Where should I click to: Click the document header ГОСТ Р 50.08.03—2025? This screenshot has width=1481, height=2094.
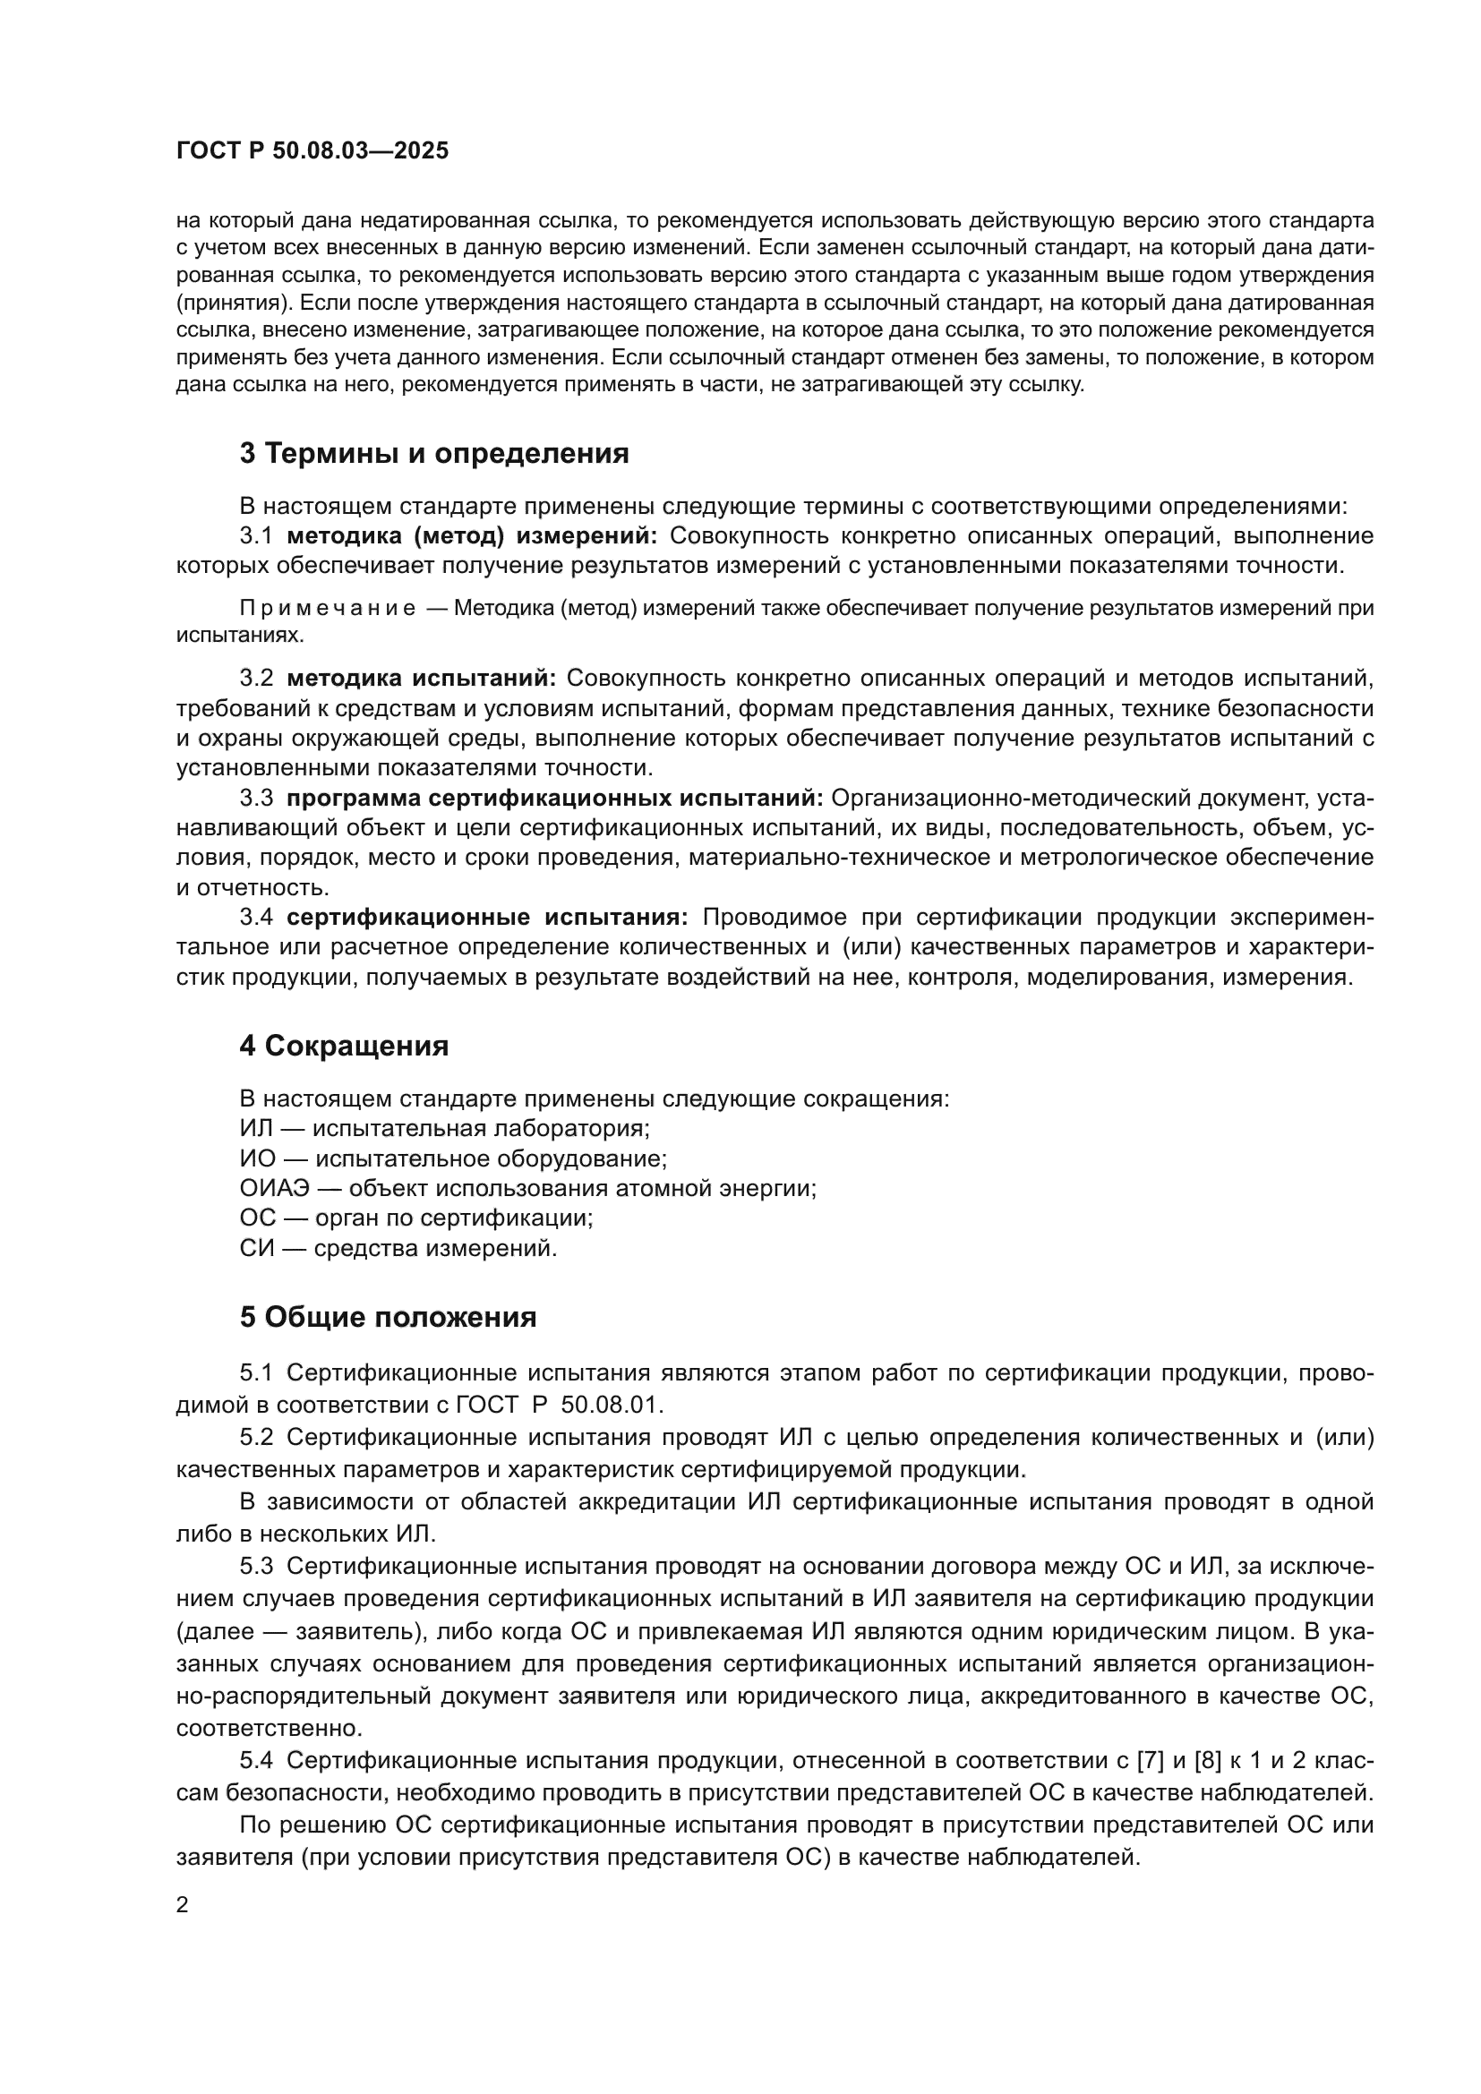coord(312,151)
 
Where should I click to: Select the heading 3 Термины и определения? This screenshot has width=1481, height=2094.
coord(434,453)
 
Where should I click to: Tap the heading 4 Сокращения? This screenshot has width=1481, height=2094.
coord(344,1045)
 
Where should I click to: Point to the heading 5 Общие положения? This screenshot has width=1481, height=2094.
coord(388,1317)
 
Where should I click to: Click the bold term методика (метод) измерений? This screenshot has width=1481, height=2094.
coord(472,535)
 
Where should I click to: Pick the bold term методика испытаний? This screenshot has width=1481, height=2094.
coord(421,679)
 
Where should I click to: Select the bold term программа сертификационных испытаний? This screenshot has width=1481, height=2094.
coord(554,798)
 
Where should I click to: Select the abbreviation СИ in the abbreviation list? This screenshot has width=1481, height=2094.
coord(256,1248)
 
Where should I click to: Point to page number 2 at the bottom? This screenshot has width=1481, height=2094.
coord(183,1905)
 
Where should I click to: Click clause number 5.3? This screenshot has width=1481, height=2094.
coord(256,1566)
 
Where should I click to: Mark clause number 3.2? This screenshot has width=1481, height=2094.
coord(256,679)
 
